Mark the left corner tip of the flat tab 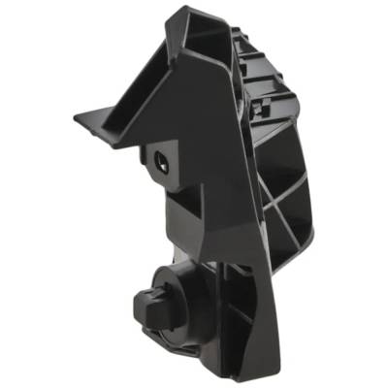pos(76,118)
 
